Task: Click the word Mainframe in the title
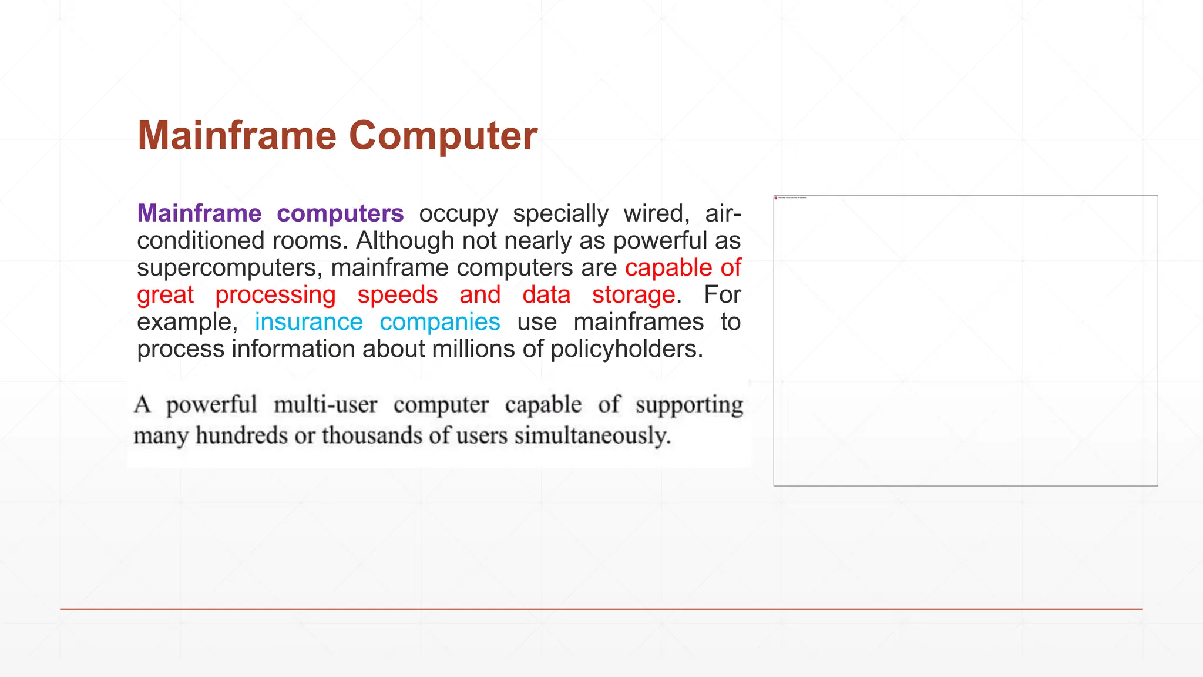237,136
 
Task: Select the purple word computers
340,213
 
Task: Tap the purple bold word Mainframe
199,213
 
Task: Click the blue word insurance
308,322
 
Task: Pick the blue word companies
439,322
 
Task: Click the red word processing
275,295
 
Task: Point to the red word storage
633,295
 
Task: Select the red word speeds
398,295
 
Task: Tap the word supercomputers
230,268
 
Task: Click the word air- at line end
723,213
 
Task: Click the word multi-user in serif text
325,405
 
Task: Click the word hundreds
241,435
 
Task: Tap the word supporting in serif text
689,405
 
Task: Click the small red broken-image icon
776,198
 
